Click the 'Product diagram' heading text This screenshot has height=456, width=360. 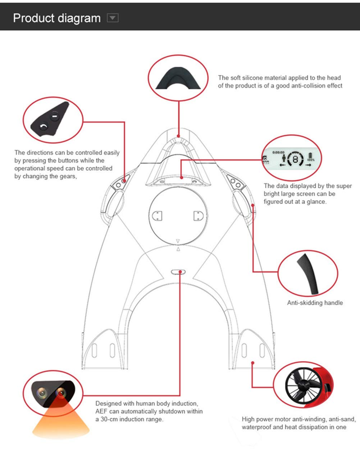click(57, 18)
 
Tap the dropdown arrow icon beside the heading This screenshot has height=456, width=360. click(113, 18)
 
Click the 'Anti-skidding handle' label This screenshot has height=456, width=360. click(315, 303)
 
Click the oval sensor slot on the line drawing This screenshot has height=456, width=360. click(178, 272)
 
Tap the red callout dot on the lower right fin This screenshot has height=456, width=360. click(253, 363)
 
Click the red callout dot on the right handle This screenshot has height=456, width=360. click(253, 206)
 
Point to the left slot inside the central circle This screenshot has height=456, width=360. click(158, 216)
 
